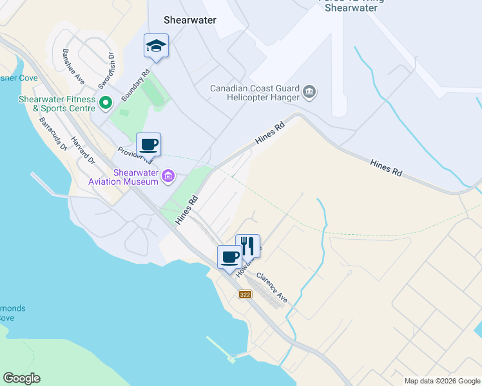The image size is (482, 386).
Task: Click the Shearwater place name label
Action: [x=189, y=20]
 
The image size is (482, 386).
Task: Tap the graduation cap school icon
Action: [x=155, y=46]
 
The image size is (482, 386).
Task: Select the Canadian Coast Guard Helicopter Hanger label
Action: [x=255, y=93]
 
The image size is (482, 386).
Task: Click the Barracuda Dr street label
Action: [x=53, y=133]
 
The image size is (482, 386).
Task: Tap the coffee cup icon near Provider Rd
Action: [x=148, y=144]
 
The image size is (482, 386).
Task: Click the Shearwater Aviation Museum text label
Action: [x=135, y=177]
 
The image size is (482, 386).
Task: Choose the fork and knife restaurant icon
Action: [x=248, y=244]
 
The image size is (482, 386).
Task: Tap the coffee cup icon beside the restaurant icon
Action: [x=229, y=257]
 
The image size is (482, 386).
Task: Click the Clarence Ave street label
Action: [x=271, y=288]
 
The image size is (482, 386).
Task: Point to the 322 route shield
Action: [x=245, y=295]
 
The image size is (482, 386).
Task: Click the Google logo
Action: [x=21, y=378]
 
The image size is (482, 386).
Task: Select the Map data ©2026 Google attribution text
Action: [x=442, y=381]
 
